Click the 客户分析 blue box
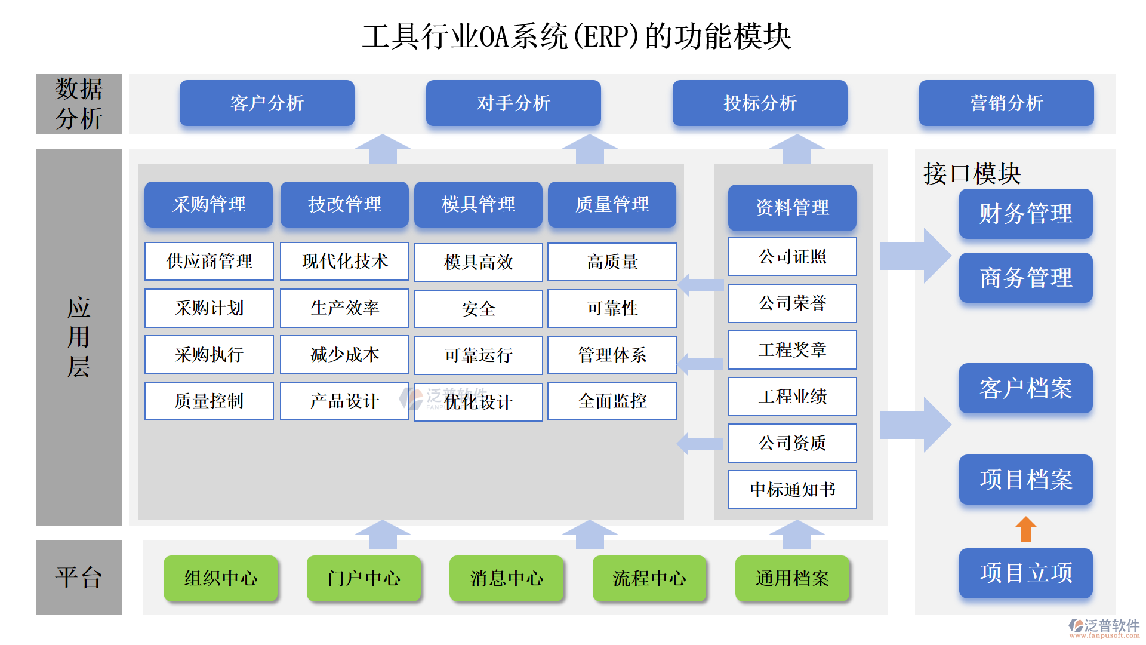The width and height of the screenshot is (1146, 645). [267, 103]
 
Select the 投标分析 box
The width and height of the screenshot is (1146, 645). [760, 103]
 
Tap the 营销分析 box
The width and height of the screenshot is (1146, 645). [1006, 103]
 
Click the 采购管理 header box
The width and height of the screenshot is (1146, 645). [208, 204]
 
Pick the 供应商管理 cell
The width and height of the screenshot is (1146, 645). [209, 261]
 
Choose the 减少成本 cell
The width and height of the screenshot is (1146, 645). [344, 354]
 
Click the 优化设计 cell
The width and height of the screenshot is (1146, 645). [478, 402]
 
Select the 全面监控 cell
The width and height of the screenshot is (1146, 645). [612, 401]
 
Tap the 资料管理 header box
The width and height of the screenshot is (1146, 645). [792, 207]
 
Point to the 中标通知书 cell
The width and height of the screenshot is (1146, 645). [792, 489]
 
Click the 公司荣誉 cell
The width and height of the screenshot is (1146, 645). [792, 303]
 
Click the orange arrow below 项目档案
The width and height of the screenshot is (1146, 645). [1025, 529]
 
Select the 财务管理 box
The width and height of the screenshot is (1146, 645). [1025, 214]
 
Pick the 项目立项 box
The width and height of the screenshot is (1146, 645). [1025, 573]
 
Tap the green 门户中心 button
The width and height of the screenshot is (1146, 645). [363, 578]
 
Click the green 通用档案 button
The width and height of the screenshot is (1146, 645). [792, 578]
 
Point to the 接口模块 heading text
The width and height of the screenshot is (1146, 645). [972, 173]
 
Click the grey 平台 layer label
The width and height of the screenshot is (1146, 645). [79, 578]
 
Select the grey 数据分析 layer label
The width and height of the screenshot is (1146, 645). [79, 103]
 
